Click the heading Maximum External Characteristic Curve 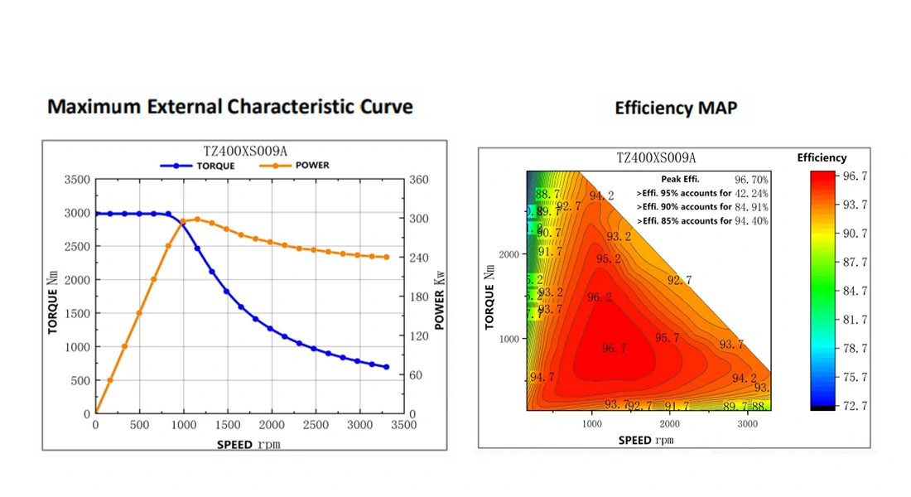point(230,107)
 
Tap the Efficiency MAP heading point(676,108)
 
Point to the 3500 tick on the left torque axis point(77,180)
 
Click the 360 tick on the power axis point(419,180)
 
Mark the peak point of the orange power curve point(196,220)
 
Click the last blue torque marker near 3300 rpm point(386,367)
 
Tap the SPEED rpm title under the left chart point(248,444)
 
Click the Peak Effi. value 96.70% point(751,179)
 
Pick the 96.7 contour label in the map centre point(614,349)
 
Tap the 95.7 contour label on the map point(667,338)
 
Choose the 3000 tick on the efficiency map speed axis point(748,423)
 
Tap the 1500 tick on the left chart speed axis point(228,425)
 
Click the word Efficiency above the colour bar point(822,157)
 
